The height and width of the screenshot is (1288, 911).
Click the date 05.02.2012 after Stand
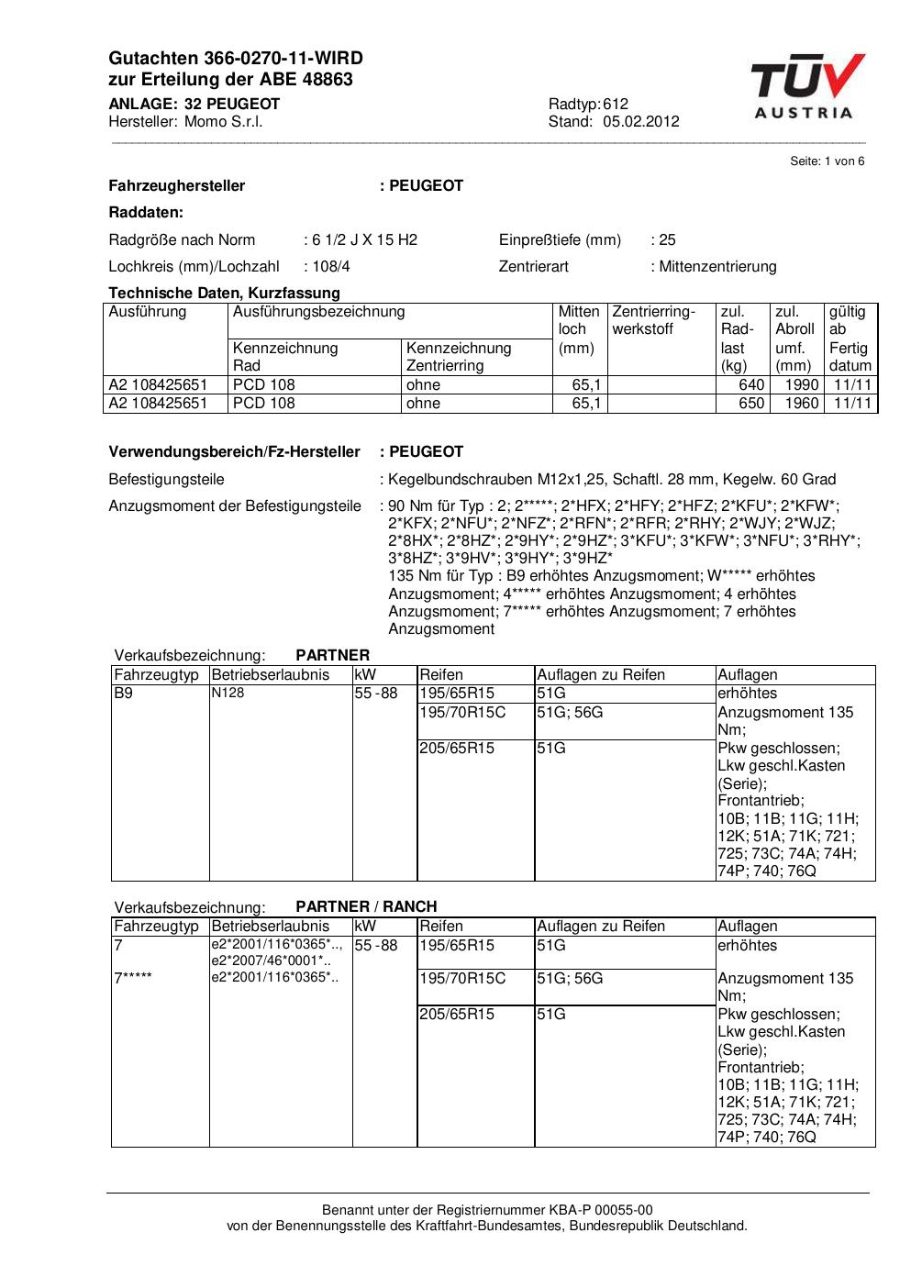(641, 122)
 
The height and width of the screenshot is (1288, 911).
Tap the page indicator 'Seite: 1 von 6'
(828, 161)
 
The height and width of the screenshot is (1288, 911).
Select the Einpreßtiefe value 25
(667, 240)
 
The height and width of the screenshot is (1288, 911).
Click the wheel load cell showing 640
(751, 385)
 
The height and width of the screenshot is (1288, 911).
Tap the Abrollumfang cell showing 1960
(801, 404)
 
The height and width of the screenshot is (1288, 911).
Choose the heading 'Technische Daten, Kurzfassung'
(224, 294)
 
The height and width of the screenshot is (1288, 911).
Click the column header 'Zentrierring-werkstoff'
(653, 320)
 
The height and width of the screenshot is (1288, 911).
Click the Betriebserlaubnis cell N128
(228, 694)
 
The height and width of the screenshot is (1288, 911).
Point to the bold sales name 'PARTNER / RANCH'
(366, 906)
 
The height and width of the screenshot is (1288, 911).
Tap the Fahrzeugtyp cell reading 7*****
(133, 979)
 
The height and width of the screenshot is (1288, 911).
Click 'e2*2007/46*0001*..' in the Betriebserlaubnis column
(271, 960)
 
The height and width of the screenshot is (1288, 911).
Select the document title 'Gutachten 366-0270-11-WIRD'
(236, 59)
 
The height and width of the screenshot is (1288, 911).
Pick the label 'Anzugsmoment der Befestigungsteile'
(235, 506)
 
